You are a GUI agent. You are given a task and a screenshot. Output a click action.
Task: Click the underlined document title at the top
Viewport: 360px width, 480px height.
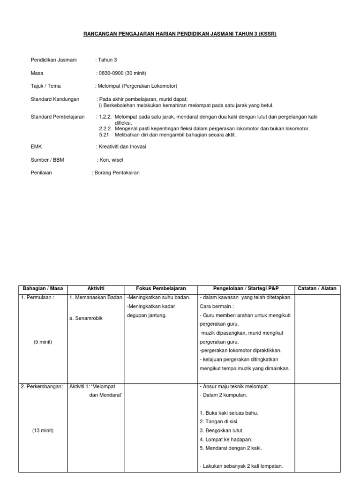tap(180, 34)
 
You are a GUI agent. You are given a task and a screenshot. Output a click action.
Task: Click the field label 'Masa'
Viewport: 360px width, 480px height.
tap(37, 73)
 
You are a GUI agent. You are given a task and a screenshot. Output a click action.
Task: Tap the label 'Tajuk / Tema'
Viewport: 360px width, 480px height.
tap(45, 86)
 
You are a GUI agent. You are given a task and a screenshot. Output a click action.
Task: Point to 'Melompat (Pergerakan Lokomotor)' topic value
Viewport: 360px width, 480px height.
tap(137, 86)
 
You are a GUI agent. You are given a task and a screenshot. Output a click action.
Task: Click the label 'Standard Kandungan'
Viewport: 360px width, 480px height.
tap(55, 99)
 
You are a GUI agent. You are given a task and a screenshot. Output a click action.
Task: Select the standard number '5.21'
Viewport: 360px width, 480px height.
tap(104, 135)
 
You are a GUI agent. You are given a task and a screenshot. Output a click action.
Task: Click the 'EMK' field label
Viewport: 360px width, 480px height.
tap(36, 147)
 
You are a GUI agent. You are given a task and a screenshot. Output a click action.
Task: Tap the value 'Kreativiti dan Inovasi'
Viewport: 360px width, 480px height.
tap(122, 147)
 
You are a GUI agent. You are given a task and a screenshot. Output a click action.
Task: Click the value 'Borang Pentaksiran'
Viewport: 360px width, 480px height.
tap(117, 172)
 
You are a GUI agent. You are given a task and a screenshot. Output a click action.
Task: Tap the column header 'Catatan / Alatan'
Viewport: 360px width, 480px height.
tap(317, 288)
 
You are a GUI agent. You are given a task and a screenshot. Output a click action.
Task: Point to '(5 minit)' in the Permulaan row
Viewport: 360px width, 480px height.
tap(43, 342)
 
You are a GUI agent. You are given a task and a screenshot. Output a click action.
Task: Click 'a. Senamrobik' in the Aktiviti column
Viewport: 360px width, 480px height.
tap(86, 318)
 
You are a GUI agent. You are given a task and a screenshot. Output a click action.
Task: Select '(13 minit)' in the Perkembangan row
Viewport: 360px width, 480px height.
tap(43, 430)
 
